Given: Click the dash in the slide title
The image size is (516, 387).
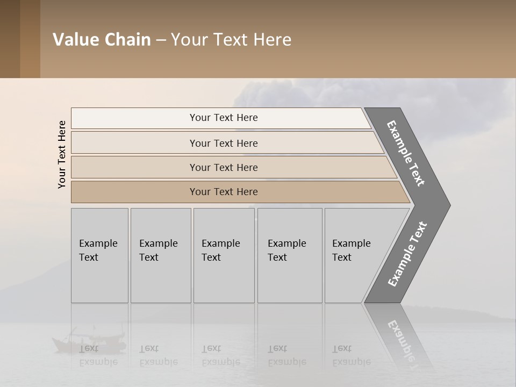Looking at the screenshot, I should tap(161, 40).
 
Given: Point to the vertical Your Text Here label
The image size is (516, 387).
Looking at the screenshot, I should tap(62, 154).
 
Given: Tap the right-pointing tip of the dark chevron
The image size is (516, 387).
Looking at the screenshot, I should tap(444, 205).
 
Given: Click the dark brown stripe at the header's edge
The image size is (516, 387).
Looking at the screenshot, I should tap(10, 39).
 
